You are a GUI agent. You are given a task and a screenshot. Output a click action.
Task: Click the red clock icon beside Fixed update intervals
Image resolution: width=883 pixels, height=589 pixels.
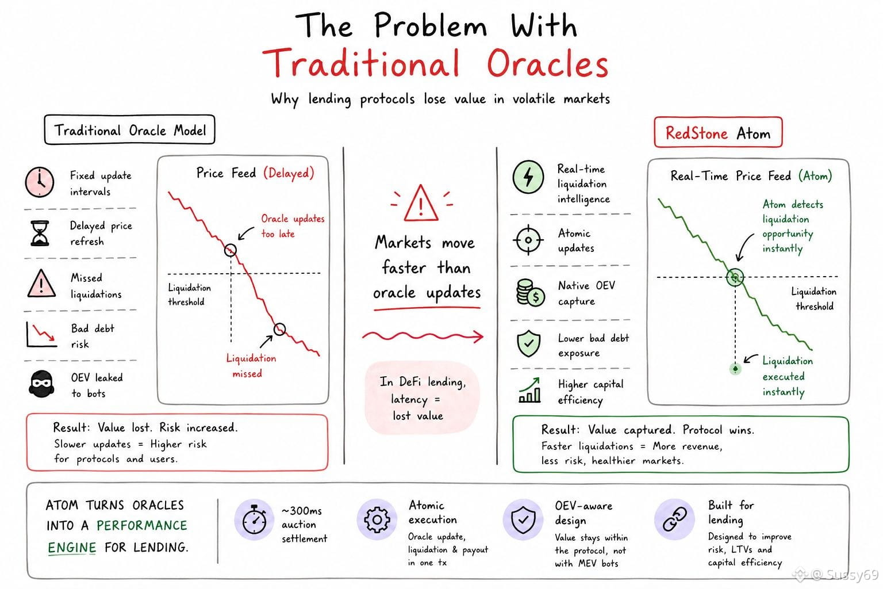[x=40, y=182]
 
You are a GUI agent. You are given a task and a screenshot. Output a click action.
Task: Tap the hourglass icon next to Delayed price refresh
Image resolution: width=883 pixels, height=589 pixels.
[x=40, y=233]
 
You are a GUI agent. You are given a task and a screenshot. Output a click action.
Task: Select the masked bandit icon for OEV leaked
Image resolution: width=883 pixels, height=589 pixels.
[x=41, y=384]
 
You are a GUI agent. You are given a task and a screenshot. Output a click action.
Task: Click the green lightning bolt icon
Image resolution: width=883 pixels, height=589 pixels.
[x=528, y=177]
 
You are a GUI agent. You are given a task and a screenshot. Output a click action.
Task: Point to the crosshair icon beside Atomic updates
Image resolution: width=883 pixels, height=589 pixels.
[x=528, y=239]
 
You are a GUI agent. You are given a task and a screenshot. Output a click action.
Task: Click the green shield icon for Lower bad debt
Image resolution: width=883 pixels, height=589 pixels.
[x=528, y=343]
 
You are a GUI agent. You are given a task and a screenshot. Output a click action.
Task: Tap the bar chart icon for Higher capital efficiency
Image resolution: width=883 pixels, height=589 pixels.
[x=529, y=390]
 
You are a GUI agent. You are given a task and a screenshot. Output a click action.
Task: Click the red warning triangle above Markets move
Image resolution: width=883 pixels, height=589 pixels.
[x=421, y=203]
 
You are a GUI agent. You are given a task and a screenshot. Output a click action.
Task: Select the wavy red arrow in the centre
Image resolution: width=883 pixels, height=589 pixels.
[x=423, y=336]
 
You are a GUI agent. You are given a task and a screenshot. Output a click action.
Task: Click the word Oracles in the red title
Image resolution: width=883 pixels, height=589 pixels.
[x=548, y=63]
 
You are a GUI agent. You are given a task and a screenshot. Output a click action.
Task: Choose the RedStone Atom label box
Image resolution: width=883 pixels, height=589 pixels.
[x=718, y=132]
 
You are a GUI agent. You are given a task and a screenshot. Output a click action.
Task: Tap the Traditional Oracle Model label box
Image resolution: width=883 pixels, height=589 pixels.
[x=130, y=130]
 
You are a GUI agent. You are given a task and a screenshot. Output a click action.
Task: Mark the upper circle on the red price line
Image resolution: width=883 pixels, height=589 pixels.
[x=230, y=250]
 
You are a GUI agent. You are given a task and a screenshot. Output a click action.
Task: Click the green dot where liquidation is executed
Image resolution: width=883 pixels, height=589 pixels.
[x=735, y=369]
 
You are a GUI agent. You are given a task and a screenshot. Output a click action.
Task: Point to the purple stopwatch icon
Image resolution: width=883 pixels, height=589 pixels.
[x=254, y=519]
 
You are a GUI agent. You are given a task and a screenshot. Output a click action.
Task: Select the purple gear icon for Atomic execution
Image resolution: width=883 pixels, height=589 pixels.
[x=377, y=519]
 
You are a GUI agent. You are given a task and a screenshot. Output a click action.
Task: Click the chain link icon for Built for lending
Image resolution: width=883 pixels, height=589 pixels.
[x=674, y=519]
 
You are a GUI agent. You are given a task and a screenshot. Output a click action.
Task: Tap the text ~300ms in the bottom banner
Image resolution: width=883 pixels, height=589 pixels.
[x=302, y=511]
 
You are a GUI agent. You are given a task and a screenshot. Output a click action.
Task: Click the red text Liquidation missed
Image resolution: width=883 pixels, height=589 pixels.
[x=251, y=366]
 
